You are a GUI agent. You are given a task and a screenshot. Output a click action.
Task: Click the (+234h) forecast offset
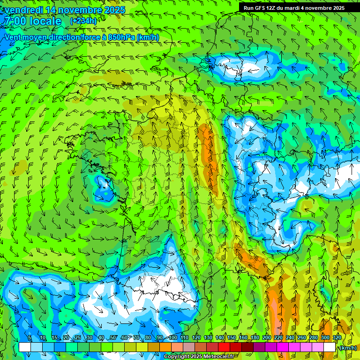coord(83,21)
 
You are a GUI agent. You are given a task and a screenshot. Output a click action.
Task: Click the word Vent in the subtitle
coord(13,37)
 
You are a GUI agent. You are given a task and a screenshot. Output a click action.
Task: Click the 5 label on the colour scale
coord(30,338)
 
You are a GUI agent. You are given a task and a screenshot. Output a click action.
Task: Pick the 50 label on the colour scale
coord(112,338)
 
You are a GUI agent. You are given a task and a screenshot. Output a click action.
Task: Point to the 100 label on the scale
coord(172,338)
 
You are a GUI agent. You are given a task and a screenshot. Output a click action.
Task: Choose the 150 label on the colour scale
coord(231,338)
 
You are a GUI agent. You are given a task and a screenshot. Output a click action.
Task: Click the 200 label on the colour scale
coord(266,338)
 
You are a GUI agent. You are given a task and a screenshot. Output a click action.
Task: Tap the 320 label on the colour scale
coord(336,338)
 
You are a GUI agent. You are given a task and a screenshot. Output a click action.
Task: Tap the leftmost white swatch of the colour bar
coord(25,347)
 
